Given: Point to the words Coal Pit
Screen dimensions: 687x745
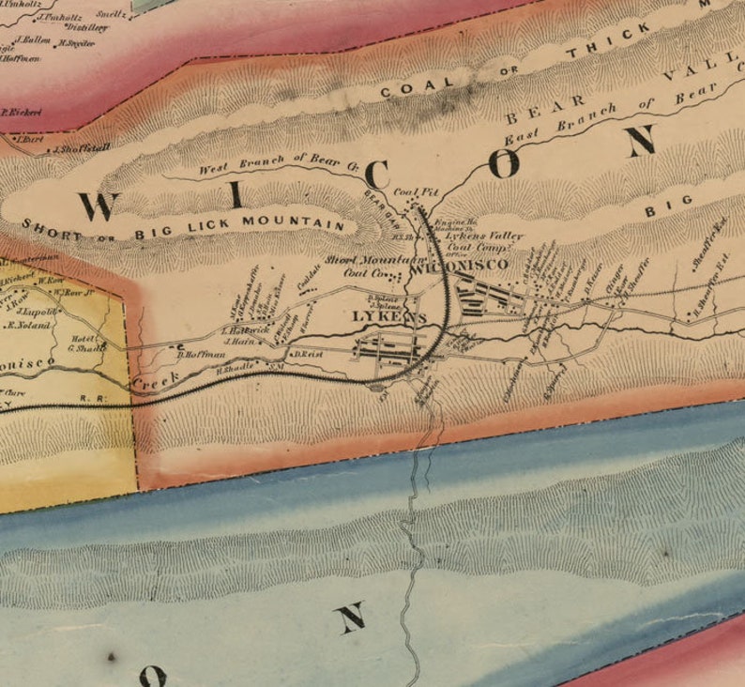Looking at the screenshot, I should [x=417, y=192].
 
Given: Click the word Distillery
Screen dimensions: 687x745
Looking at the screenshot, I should [x=87, y=27].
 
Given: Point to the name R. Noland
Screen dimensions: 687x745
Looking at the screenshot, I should [x=28, y=326].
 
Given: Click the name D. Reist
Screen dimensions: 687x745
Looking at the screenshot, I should [x=308, y=355].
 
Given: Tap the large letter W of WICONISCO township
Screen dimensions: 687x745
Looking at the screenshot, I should [x=99, y=205].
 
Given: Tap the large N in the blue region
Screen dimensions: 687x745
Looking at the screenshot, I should [x=349, y=617].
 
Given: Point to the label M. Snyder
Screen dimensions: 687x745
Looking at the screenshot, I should [x=77, y=43].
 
